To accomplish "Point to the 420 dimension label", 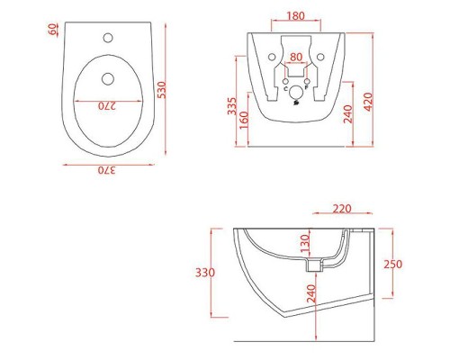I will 367,101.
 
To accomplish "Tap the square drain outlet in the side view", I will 314,265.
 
